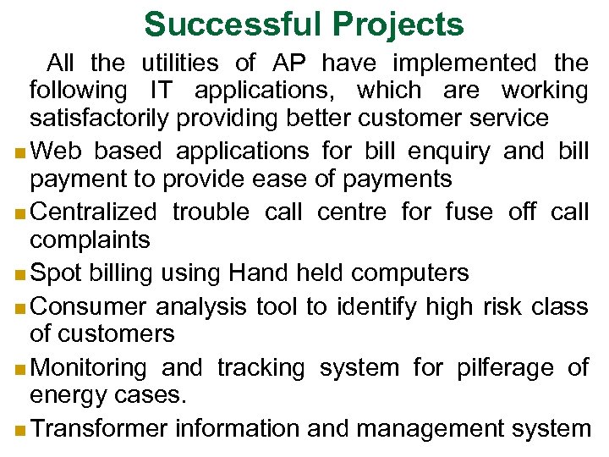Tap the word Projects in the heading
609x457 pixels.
tap(403, 25)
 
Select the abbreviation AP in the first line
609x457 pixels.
tap(290, 63)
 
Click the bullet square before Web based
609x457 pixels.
tap(19, 153)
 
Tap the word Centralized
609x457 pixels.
tap(93, 212)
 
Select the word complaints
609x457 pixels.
tap(90, 240)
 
